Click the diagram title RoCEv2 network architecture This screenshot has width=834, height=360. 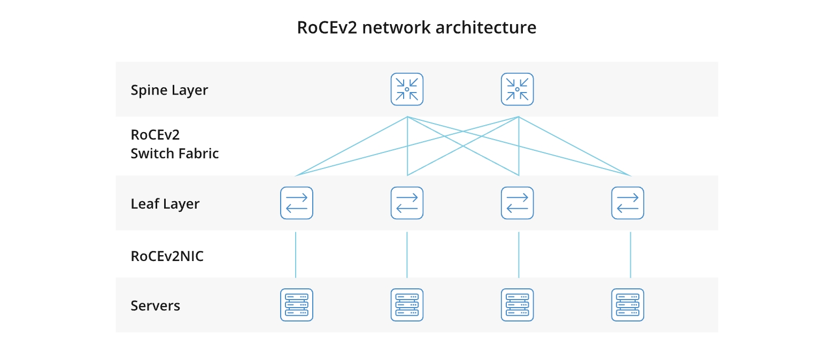(x=416, y=27)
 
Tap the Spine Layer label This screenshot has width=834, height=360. (x=169, y=90)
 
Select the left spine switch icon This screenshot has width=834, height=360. (x=407, y=89)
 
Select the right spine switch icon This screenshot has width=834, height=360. (x=517, y=89)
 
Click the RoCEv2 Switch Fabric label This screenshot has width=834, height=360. (x=174, y=144)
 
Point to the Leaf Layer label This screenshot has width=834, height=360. (x=165, y=204)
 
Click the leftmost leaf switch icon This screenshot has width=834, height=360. (x=297, y=203)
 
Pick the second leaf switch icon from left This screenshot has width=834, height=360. (x=407, y=203)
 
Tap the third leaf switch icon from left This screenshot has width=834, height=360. (x=517, y=203)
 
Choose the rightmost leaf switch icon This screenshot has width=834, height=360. (x=627, y=203)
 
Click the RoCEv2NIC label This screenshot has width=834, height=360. (x=167, y=256)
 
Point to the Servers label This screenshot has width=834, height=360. (x=155, y=306)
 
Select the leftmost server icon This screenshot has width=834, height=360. (x=297, y=305)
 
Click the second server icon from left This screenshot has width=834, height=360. (x=407, y=305)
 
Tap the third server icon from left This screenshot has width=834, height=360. (x=517, y=305)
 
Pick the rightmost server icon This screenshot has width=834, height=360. (x=627, y=305)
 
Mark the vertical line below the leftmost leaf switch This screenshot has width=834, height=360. (x=296, y=255)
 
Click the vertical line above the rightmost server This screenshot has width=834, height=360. (x=630, y=255)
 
